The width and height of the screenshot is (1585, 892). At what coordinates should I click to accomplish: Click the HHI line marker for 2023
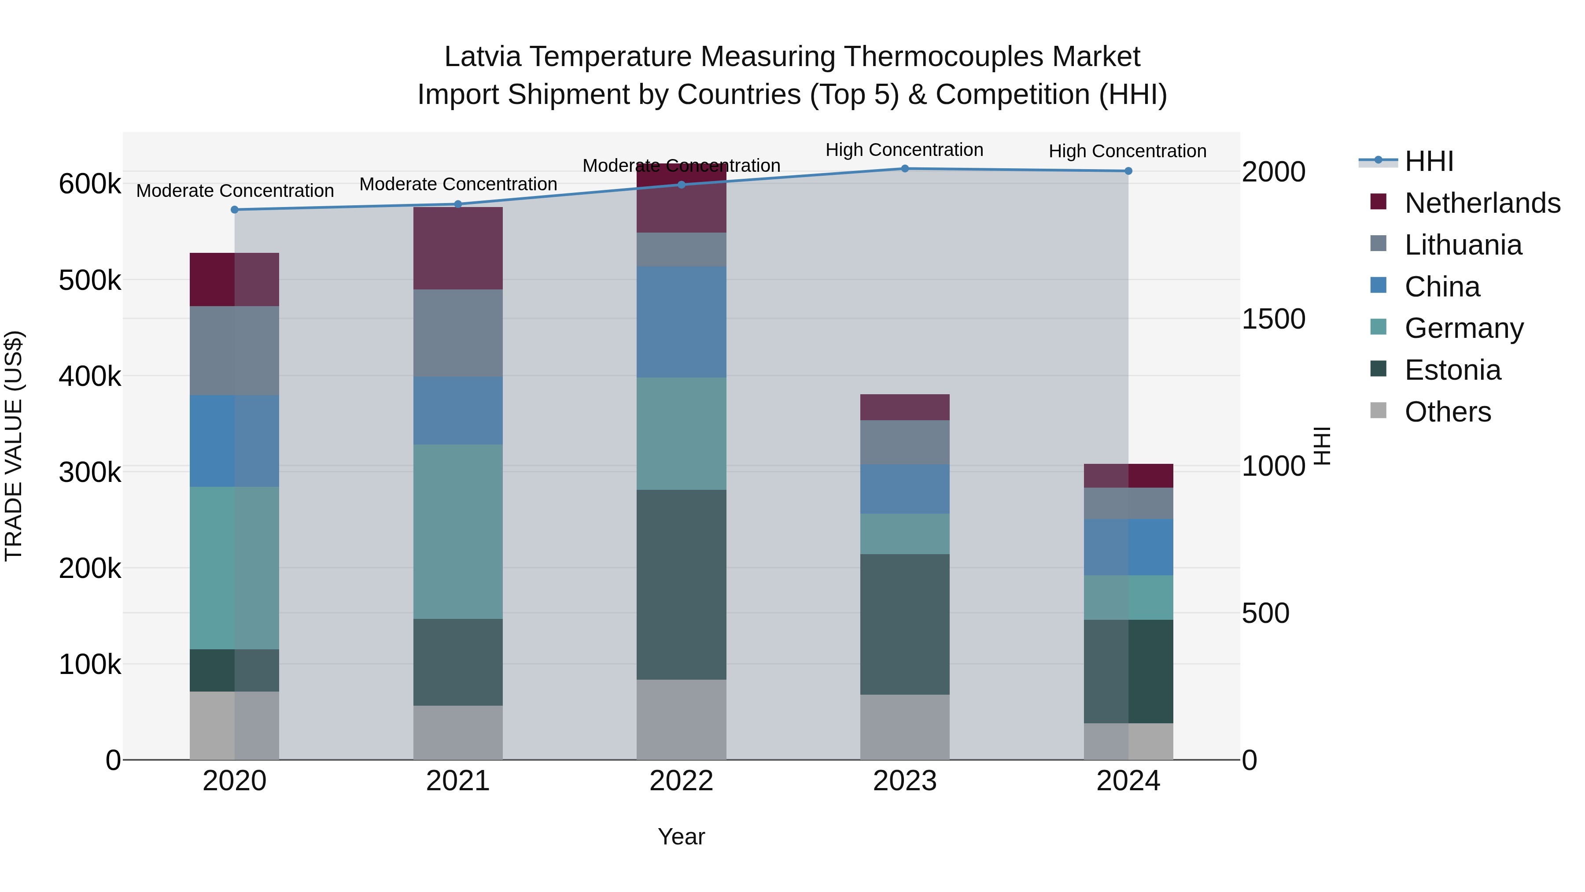click(904, 169)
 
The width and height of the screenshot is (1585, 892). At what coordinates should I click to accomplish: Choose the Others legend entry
click(1448, 412)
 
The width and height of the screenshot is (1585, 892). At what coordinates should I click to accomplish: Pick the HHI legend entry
click(1429, 161)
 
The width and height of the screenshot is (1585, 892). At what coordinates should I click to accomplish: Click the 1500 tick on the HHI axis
click(1273, 319)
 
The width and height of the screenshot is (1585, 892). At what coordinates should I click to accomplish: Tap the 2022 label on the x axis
click(681, 781)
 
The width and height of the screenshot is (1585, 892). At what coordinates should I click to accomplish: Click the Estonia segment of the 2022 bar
click(681, 585)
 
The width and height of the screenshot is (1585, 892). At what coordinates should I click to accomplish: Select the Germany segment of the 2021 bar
click(458, 531)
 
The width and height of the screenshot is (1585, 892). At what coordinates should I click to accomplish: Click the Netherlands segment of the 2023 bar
click(904, 407)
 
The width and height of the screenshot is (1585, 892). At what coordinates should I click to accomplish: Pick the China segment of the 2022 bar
click(681, 322)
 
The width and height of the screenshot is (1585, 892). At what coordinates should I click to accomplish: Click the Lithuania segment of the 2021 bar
click(458, 333)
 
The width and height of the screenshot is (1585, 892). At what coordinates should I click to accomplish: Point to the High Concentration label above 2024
click(1127, 151)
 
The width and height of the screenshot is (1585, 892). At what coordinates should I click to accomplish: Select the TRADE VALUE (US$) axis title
click(14, 446)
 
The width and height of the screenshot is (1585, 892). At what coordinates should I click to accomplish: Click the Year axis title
click(681, 836)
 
